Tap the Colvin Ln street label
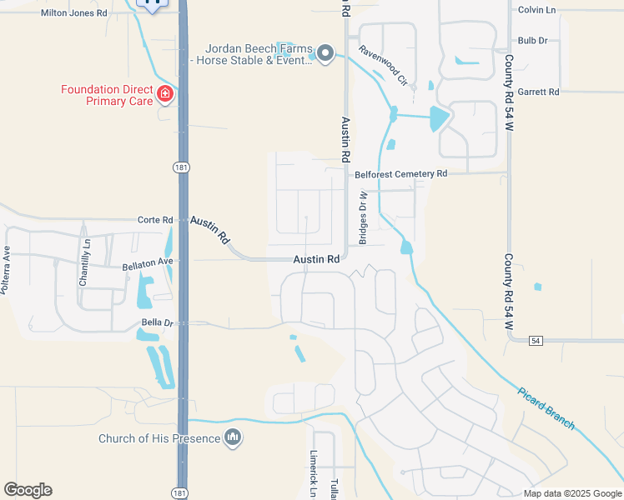(x=536, y=10)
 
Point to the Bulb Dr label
(x=532, y=40)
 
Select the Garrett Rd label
(x=537, y=92)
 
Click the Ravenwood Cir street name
(x=383, y=66)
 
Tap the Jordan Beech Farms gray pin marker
(x=325, y=55)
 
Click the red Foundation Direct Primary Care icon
(x=165, y=93)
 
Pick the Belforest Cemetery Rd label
(x=401, y=174)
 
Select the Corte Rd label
(x=156, y=220)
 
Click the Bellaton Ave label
(x=147, y=262)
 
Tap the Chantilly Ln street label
(x=84, y=262)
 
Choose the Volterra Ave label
(x=6, y=270)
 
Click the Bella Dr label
(x=156, y=322)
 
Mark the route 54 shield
(x=536, y=341)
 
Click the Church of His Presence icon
(x=234, y=437)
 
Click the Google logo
(x=28, y=490)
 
